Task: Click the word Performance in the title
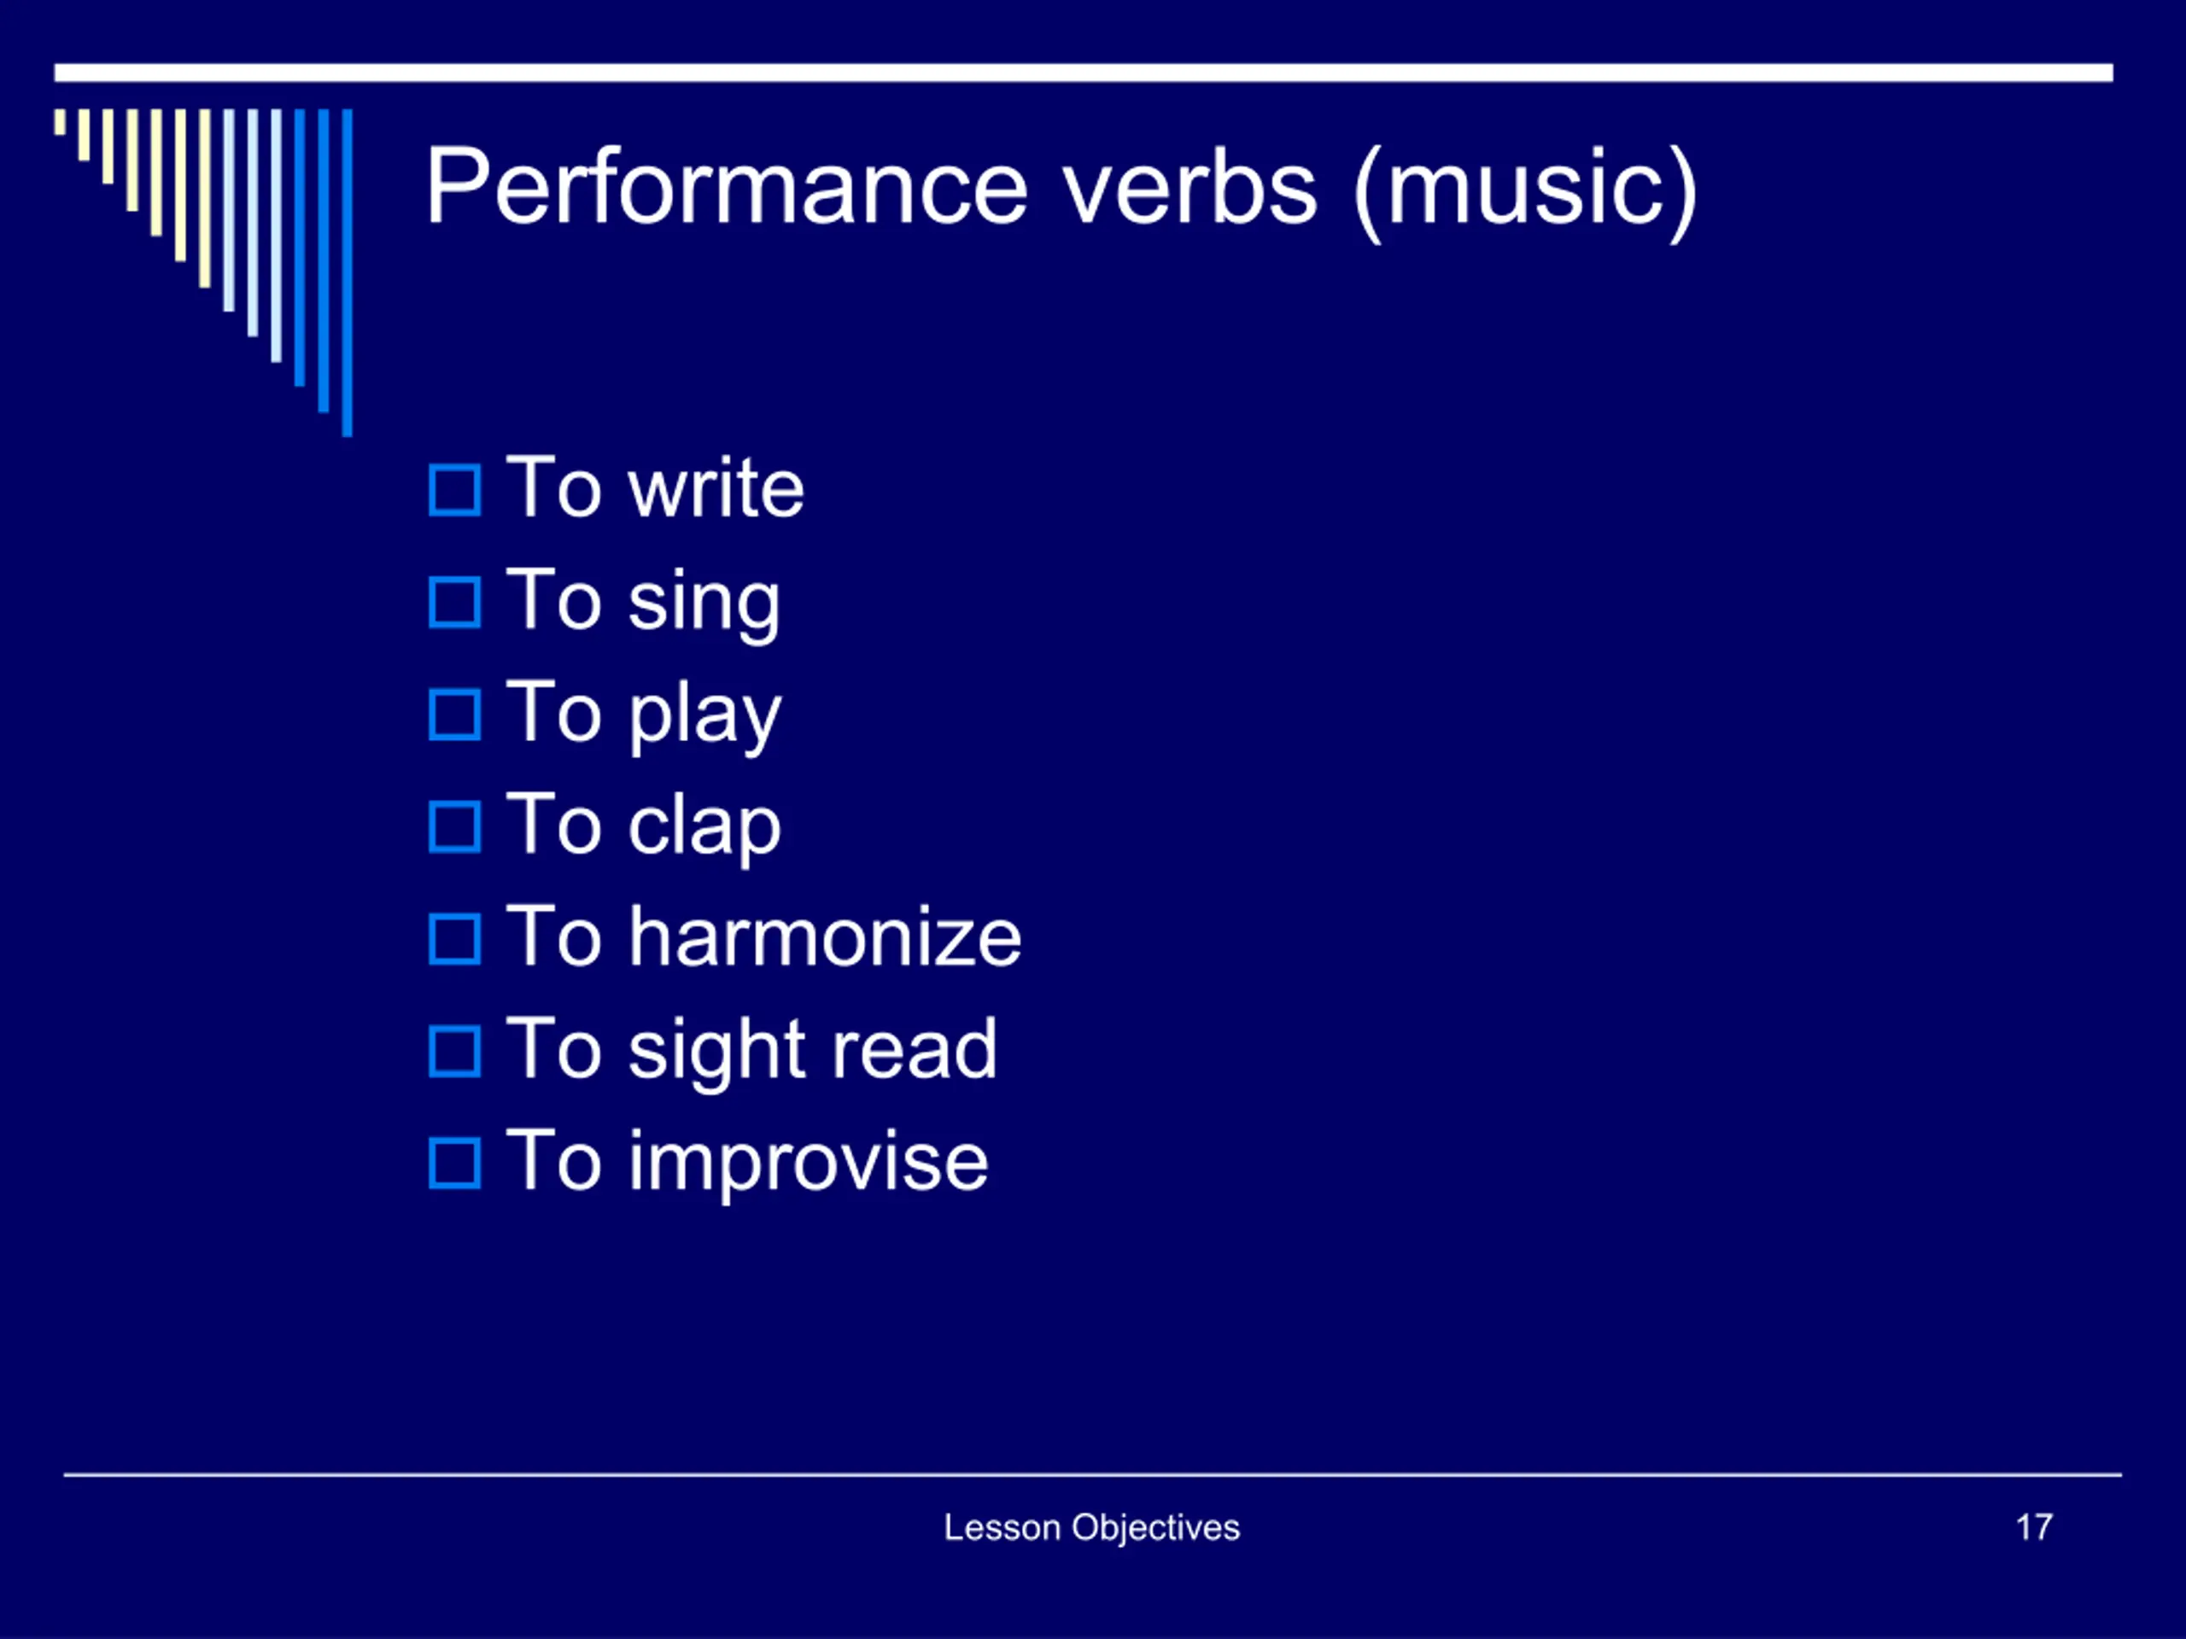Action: [728, 187]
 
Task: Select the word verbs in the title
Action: [1189, 187]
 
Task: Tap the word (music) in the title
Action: [1525, 192]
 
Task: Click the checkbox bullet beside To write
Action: [454, 490]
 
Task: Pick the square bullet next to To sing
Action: [454, 603]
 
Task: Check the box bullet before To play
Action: [454, 715]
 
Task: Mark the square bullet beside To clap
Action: [454, 827]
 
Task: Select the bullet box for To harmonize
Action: [454, 938]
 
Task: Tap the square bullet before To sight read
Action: [454, 1051]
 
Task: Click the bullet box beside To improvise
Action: [454, 1163]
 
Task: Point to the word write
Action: [716, 488]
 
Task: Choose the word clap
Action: [705, 828]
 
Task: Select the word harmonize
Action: [825, 936]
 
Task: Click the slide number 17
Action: [2034, 1527]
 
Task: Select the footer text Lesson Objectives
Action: [1092, 1528]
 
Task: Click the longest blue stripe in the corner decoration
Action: [347, 272]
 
